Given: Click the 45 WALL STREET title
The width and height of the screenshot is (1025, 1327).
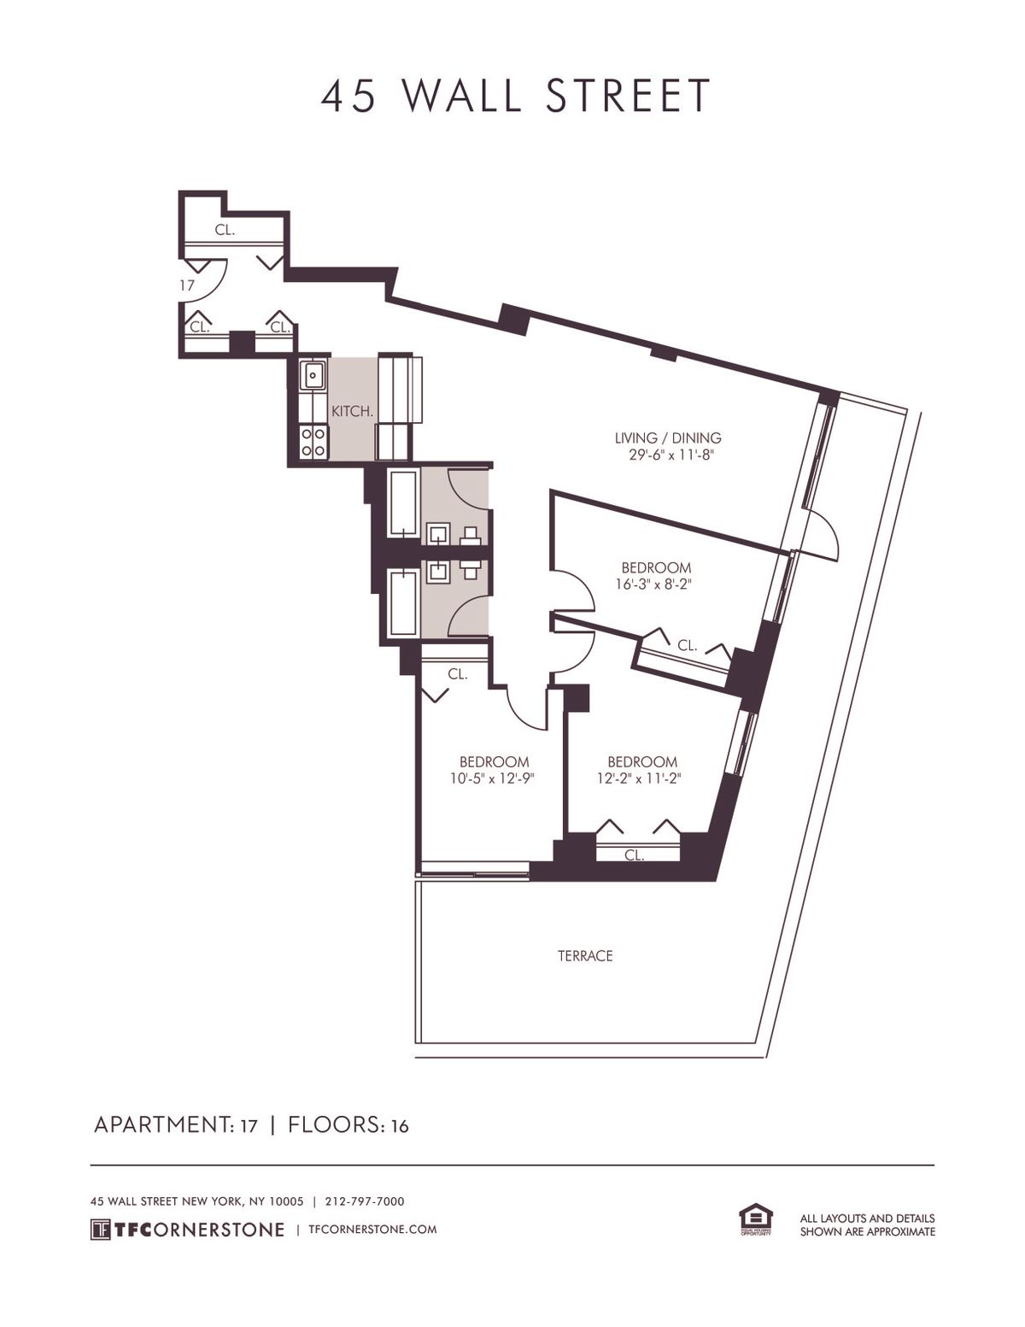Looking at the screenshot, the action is coord(516,96).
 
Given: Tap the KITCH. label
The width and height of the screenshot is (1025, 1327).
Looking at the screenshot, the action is coord(352,412).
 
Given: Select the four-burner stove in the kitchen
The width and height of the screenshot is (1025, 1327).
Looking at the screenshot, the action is coord(313,442).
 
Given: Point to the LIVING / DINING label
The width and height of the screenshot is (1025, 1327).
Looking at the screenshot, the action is coord(667,437).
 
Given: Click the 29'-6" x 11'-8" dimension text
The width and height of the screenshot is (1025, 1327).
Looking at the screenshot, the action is coord(667,455).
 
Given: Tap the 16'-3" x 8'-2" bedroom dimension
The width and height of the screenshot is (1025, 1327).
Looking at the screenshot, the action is coord(656,584).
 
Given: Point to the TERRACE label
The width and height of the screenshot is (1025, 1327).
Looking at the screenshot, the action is coord(585,955).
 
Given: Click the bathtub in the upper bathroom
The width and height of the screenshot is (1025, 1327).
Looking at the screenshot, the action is coord(402,503).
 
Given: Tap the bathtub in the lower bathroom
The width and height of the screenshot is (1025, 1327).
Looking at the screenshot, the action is coord(402,602).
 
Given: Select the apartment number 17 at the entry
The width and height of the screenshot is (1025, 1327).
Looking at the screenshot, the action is coord(187,285).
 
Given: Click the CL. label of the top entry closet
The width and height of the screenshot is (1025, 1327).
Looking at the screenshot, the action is coord(225,230).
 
